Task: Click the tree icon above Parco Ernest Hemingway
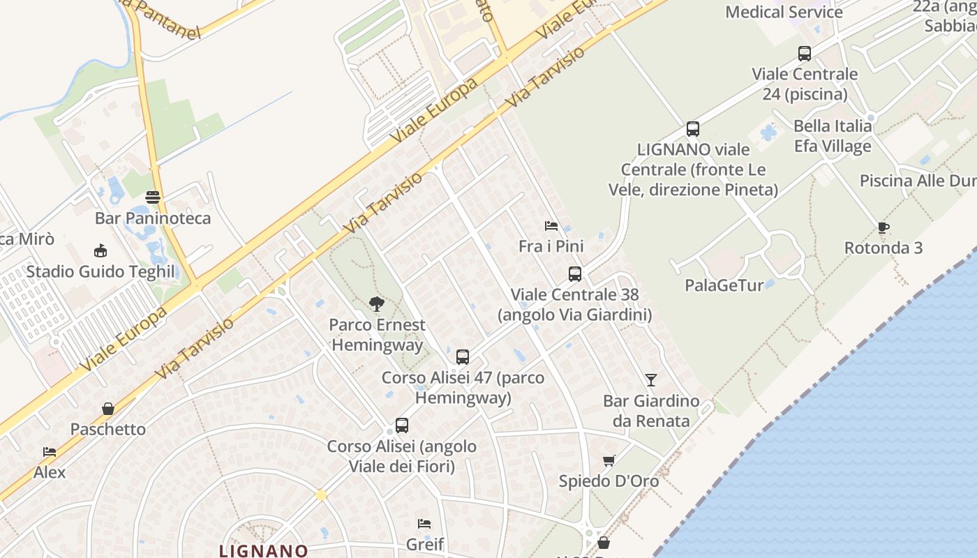pyautogui.click(x=377, y=303)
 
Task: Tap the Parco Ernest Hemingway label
pyautogui.click(x=377, y=335)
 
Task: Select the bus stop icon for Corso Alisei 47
pyautogui.click(x=462, y=357)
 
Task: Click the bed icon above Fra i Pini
pyautogui.click(x=551, y=226)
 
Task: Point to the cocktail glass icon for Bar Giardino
pyautogui.click(x=650, y=380)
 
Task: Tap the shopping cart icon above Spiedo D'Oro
pyautogui.click(x=609, y=460)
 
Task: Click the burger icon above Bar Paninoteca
pyautogui.click(x=153, y=197)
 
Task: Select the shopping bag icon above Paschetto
pyautogui.click(x=108, y=409)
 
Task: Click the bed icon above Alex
pyautogui.click(x=49, y=452)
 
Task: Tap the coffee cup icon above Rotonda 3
pyautogui.click(x=883, y=227)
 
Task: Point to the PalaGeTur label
pyautogui.click(x=724, y=285)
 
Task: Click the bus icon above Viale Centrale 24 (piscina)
pyautogui.click(x=805, y=53)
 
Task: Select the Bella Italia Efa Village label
pyautogui.click(x=833, y=136)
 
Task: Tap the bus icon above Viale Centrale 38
pyautogui.click(x=575, y=274)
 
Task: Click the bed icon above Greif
pyautogui.click(x=424, y=523)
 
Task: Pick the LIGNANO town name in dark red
pyautogui.click(x=264, y=550)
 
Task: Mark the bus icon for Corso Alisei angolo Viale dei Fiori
pyautogui.click(x=402, y=425)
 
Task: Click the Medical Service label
pyautogui.click(x=784, y=12)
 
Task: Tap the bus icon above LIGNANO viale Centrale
pyautogui.click(x=693, y=129)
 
